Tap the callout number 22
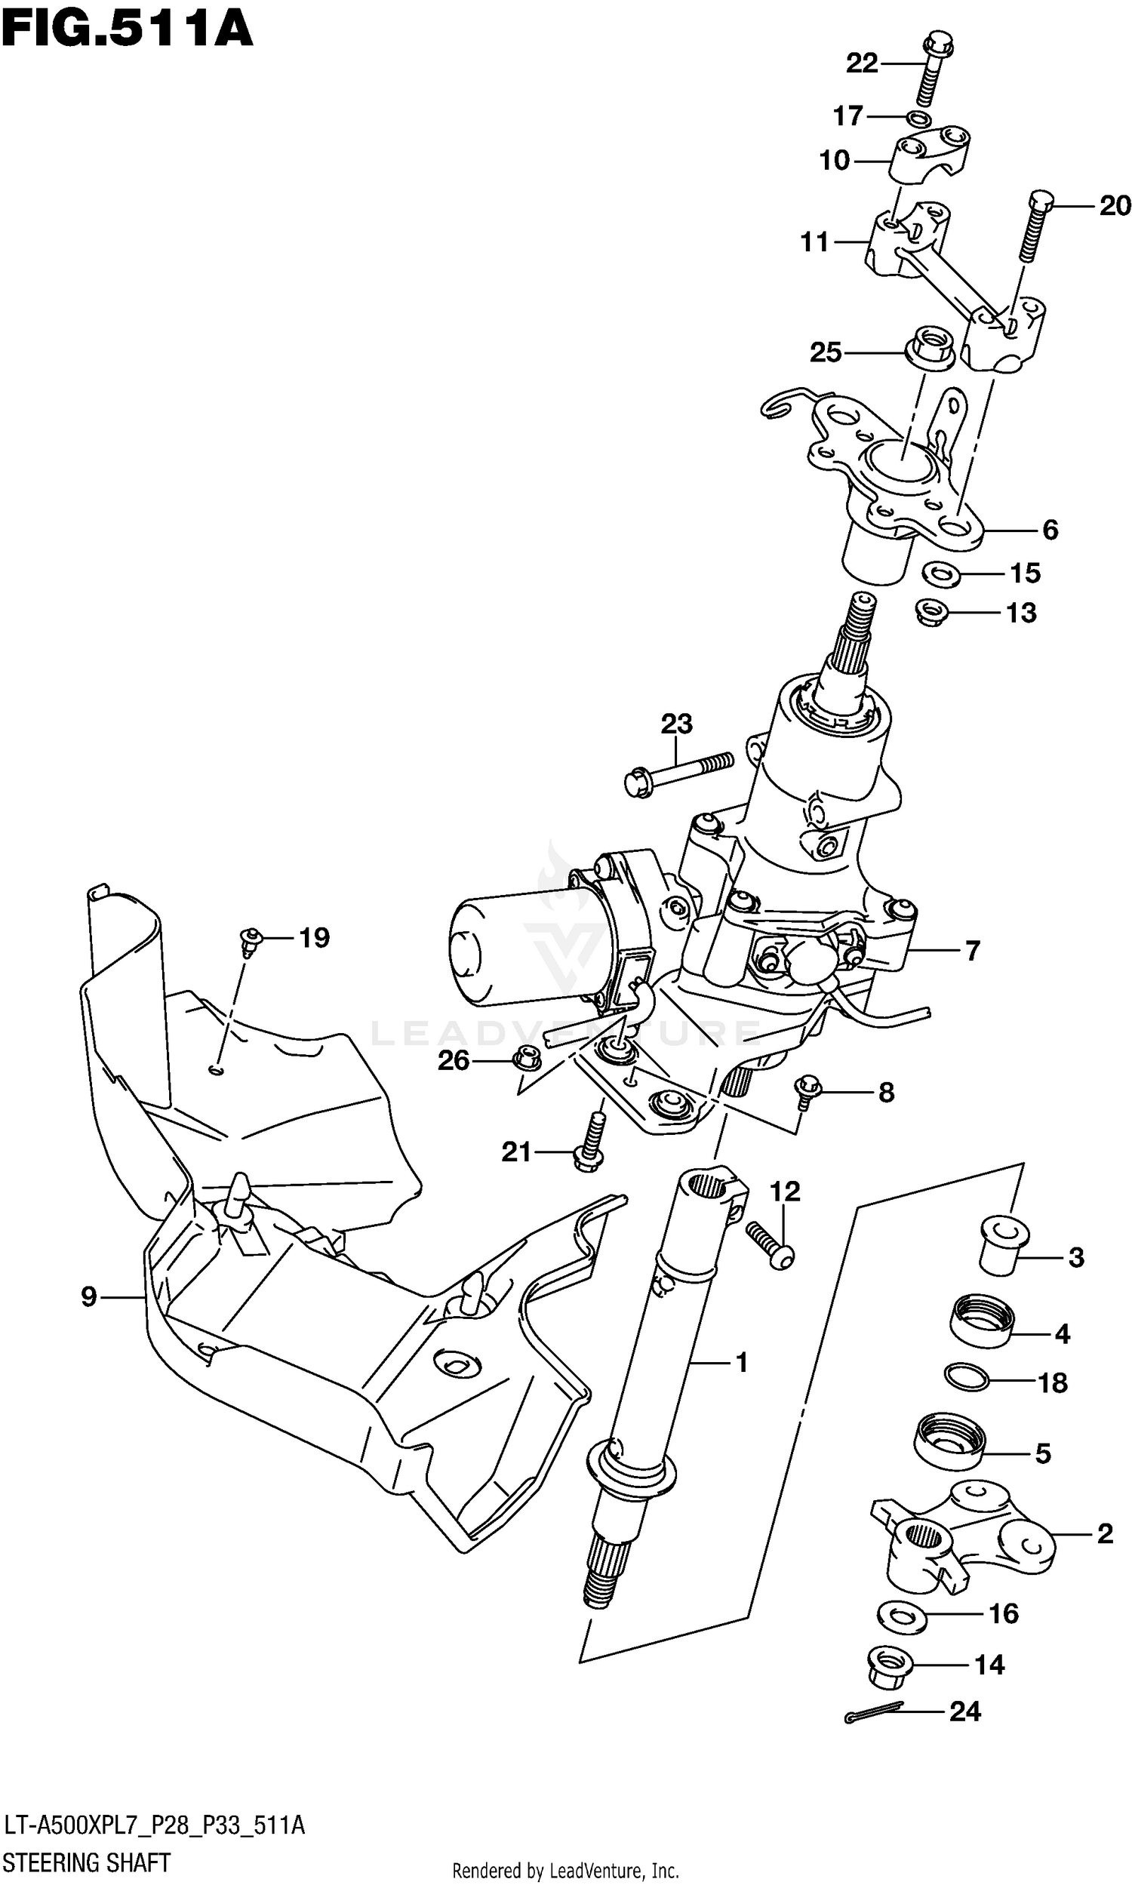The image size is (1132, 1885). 862,63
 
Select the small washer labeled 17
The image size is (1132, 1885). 919,119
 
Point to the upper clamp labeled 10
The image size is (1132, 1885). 931,156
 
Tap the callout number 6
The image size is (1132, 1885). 1050,529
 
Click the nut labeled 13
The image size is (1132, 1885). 931,610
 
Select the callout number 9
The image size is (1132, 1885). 88,1296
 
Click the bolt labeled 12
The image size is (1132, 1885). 769,1243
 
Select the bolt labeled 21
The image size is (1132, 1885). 591,1144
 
